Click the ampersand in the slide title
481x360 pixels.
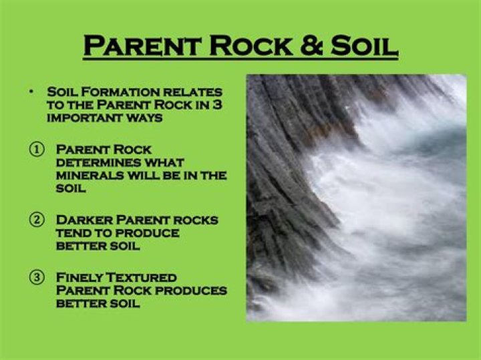[x=311, y=45]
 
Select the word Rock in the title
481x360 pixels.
[x=251, y=45]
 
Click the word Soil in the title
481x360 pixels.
[x=364, y=45]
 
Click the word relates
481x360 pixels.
[x=192, y=92]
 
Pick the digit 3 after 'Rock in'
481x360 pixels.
[x=217, y=105]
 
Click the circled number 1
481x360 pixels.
[x=37, y=150]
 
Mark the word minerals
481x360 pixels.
[x=90, y=176]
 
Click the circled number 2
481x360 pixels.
[x=37, y=220]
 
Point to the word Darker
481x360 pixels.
[x=84, y=220]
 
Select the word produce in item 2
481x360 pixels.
[x=147, y=233]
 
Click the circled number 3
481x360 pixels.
[x=37, y=277]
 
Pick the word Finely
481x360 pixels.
[x=79, y=277]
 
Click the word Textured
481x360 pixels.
[x=140, y=277]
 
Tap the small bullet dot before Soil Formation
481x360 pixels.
[x=31, y=91]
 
